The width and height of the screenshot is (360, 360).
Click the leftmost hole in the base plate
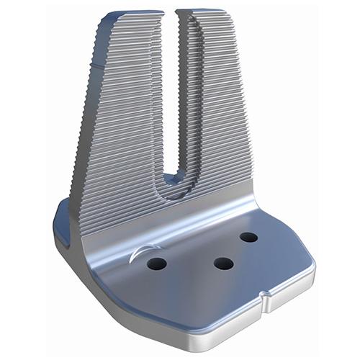tap(157, 264)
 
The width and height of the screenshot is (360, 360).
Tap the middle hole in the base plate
tap(223, 264)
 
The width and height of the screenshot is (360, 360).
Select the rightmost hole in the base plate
tap(249, 237)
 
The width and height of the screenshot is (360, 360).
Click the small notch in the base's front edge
tap(266, 295)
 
